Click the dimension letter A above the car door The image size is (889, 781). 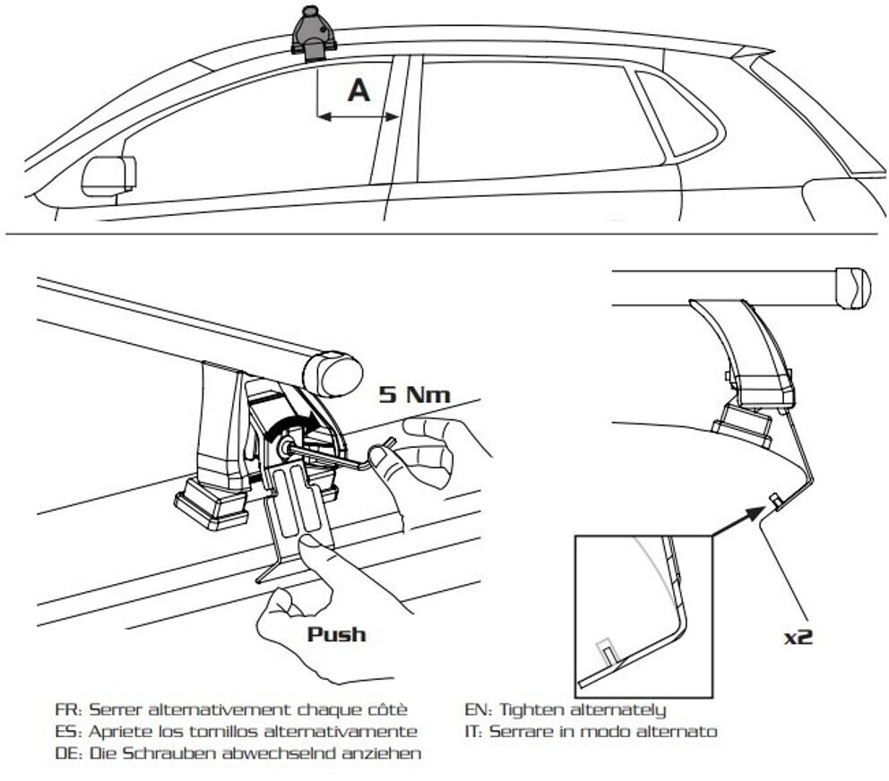pos(358,90)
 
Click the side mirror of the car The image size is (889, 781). pos(108,175)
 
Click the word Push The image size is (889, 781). pos(337,634)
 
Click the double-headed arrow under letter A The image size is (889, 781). pos(358,116)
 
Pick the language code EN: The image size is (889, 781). pos(476,710)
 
